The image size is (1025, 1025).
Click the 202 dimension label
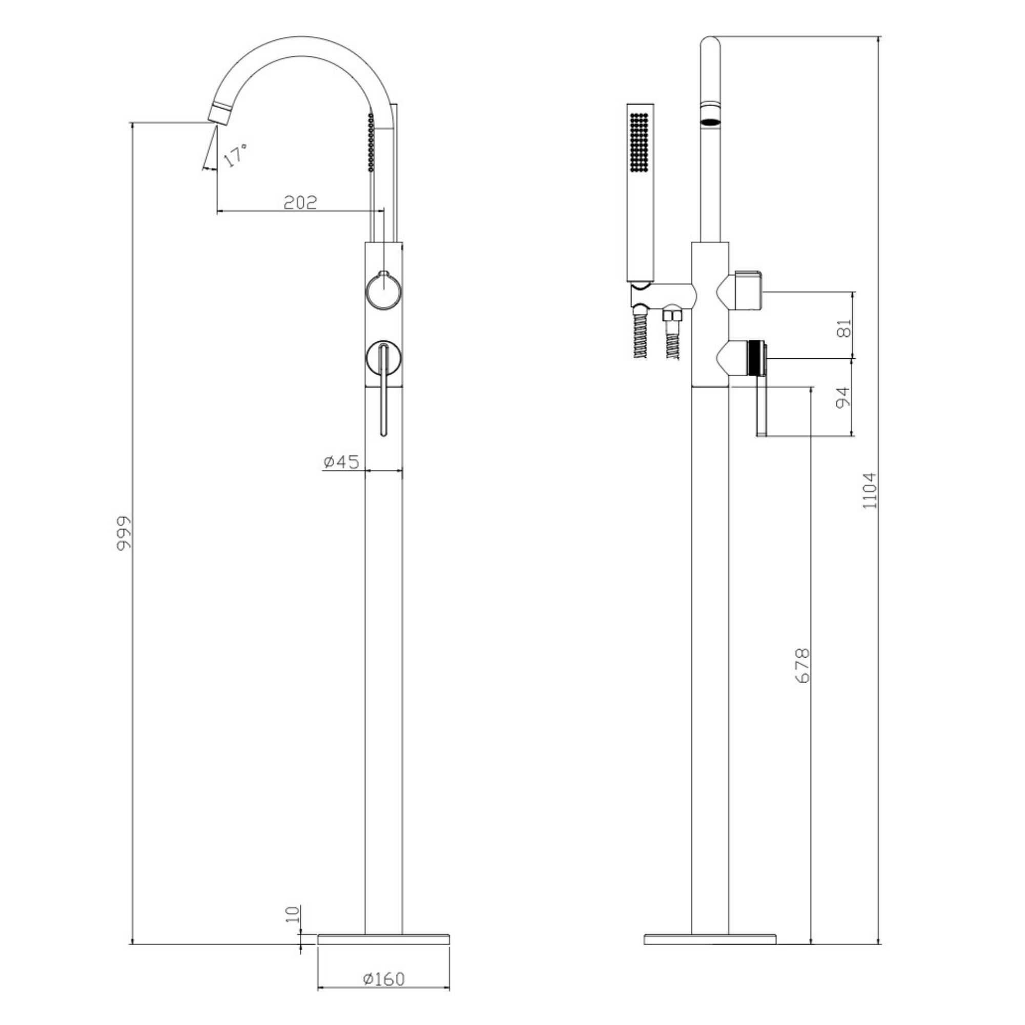300,202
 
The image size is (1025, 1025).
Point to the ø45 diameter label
341,462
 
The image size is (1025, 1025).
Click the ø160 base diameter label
383,993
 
